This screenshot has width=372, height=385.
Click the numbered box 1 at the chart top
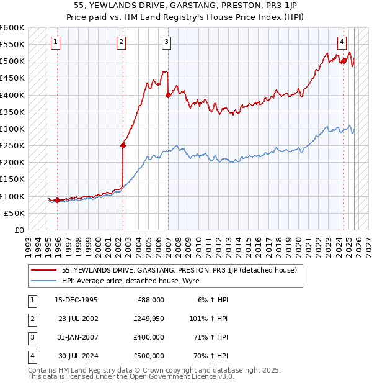tap(56, 42)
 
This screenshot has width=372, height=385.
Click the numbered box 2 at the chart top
tap(121, 42)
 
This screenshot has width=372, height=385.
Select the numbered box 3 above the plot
tap(167, 42)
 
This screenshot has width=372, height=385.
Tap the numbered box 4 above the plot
tap(342, 42)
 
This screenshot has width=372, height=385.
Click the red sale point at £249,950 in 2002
tap(123, 146)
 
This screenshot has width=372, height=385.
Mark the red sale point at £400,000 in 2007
tap(169, 95)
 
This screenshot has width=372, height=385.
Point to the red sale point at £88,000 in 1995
tap(57, 200)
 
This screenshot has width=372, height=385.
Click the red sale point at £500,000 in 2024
tap(343, 61)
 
